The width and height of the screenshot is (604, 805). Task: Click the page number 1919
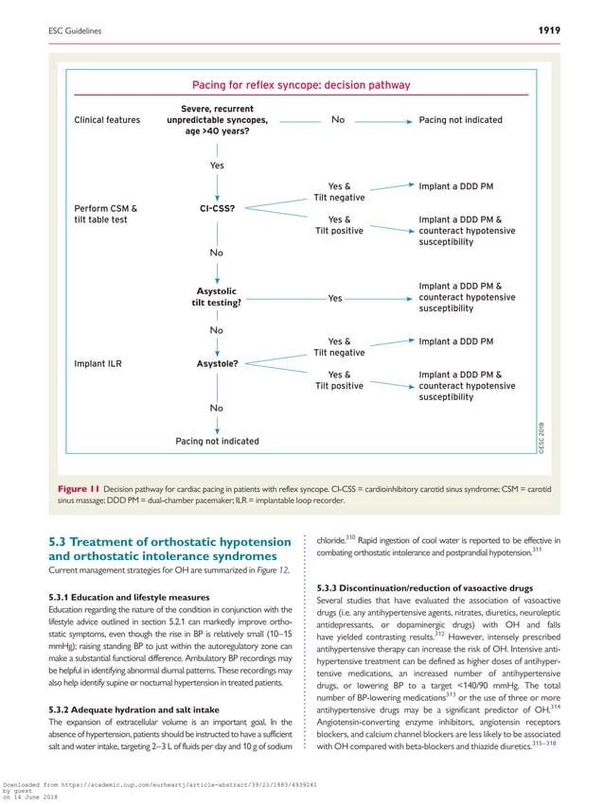[x=545, y=31]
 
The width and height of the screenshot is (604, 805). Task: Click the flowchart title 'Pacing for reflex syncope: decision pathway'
[x=301, y=85]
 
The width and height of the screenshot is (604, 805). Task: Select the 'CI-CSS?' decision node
[x=217, y=207]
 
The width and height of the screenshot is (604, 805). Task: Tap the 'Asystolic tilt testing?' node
[x=217, y=297]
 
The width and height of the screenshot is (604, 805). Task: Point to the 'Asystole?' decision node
[x=217, y=362]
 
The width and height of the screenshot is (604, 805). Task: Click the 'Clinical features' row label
[x=107, y=120]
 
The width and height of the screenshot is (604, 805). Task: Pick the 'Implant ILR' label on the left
[x=98, y=362]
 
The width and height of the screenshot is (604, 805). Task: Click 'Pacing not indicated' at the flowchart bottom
[x=217, y=441]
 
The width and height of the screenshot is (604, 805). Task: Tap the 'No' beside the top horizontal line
[x=338, y=120]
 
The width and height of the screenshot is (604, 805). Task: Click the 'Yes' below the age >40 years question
[x=217, y=166]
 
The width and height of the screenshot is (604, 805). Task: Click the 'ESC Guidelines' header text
[x=75, y=32]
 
